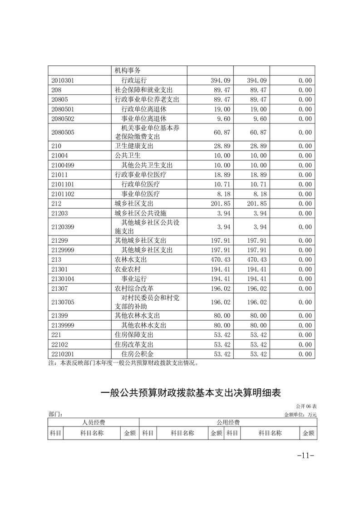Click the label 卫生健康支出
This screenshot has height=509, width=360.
tap(134, 146)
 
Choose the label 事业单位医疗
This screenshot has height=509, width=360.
tap(140, 194)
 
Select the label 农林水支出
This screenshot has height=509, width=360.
tap(131, 260)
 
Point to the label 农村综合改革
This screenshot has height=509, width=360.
tap(134, 288)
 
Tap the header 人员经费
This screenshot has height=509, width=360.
tap(93, 422)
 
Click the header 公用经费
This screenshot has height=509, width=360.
tap(228, 422)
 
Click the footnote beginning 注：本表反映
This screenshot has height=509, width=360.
tap(123, 363)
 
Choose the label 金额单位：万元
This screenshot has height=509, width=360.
tap(300, 414)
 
